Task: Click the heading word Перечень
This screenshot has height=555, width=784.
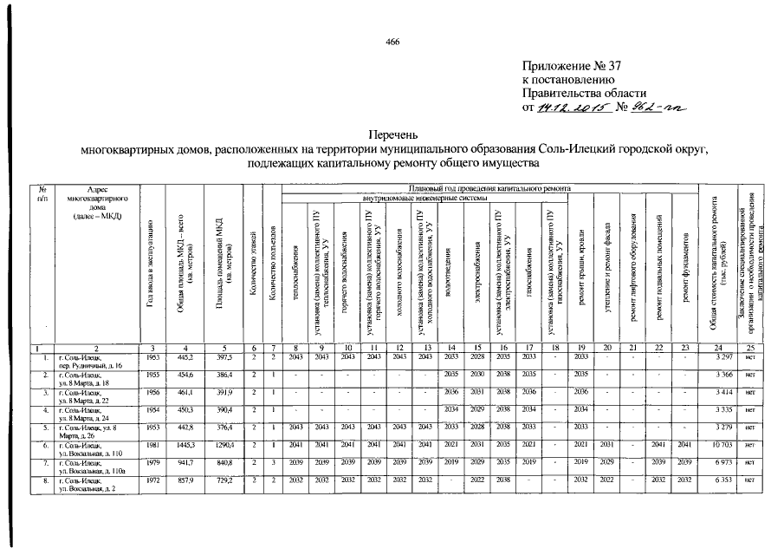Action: pyautogui.click(x=392, y=135)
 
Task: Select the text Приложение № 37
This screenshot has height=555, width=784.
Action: pyautogui.click(x=573, y=66)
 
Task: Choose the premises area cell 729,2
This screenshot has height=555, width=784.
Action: pyautogui.click(x=223, y=480)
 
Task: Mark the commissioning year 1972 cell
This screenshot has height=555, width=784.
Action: pyautogui.click(x=152, y=480)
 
